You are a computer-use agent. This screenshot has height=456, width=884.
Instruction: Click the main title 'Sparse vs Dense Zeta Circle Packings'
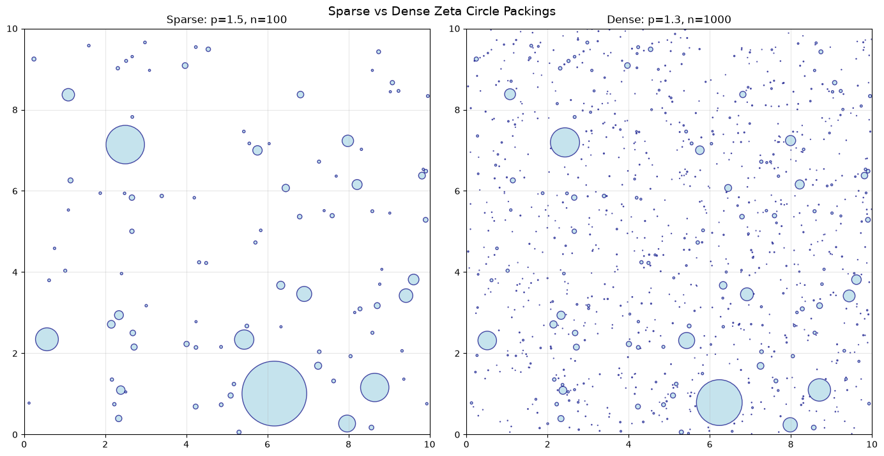(x=441, y=11)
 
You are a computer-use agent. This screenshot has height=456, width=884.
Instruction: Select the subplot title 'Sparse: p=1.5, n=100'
(x=227, y=20)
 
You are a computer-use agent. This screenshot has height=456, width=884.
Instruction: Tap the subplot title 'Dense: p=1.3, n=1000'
(x=669, y=20)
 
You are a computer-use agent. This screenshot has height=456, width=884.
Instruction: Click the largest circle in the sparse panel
(x=274, y=393)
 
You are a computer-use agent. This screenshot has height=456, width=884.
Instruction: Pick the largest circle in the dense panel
(x=719, y=403)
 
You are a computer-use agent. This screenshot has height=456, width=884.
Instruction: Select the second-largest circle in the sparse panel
(x=125, y=145)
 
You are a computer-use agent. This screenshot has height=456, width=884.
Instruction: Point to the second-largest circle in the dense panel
(x=565, y=142)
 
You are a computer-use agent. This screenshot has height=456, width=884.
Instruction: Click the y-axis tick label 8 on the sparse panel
(x=16, y=110)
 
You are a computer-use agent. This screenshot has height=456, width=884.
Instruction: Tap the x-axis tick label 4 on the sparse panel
(x=187, y=444)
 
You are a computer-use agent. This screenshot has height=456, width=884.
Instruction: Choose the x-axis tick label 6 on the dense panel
(x=710, y=444)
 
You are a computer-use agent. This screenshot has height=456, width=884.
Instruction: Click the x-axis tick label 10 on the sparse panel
(x=430, y=444)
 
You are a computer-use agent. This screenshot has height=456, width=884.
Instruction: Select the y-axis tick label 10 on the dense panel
(x=456, y=29)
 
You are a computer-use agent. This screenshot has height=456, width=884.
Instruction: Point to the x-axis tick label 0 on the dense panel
(x=466, y=444)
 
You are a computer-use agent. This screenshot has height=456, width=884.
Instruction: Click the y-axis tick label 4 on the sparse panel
(x=16, y=272)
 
